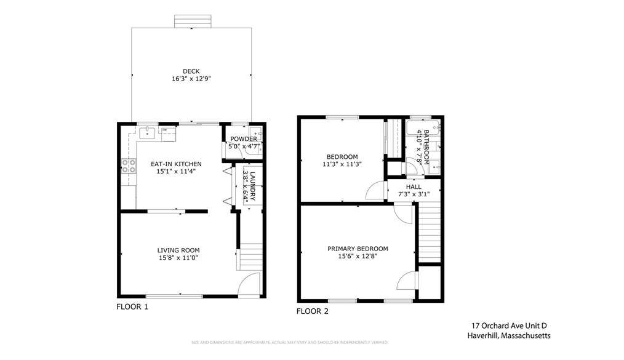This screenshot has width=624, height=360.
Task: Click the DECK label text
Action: tap(191, 71)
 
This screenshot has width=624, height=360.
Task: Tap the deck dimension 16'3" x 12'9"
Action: tap(191, 79)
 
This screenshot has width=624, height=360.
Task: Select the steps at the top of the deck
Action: tap(193, 21)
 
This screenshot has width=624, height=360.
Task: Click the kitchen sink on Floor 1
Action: tap(148, 131)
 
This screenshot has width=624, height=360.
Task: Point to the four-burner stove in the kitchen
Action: tap(129, 165)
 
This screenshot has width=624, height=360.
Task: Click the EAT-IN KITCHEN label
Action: tap(176, 164)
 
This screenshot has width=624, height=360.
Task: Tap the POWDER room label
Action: tap(243, 139)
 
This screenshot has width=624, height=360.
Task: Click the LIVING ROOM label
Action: tap(178, 250)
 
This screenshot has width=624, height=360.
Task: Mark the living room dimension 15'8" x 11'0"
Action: tap(178, 258)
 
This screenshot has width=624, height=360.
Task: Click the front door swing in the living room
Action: tap(249, 284)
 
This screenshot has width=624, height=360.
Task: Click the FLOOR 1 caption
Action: tap(132, 306)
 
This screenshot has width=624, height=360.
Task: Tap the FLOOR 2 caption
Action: tap(313, 311)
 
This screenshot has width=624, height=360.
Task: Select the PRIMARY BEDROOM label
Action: tap(358, 249)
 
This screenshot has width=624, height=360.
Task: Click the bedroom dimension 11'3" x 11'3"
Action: tap(342, 164)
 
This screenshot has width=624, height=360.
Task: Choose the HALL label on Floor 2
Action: tap(413, 186)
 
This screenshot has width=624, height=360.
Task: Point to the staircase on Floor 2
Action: tap(430, 234)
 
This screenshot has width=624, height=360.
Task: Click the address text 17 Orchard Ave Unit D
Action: tap(509, 326)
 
